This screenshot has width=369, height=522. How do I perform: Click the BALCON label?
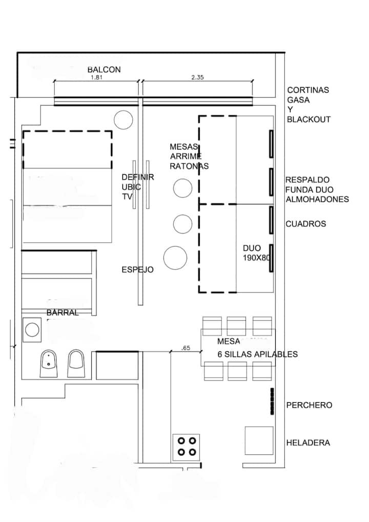tap(104, 70)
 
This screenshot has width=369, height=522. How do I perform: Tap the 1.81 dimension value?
tap(96, 77)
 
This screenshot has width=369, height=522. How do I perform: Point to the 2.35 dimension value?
tap(197, 77)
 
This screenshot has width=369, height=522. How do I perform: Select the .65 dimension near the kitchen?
tap(186, 348)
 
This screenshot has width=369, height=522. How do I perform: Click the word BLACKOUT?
tap(309, 119)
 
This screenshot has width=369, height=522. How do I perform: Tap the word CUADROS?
tap(306, 224)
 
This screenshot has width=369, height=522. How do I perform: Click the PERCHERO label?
tap(310, 405)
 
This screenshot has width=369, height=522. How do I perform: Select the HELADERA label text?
tap(308, 443)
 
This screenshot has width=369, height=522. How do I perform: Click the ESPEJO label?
tap(137, 269)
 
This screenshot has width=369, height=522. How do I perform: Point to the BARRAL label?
tap(63, 312)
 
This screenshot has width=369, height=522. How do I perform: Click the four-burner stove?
tap(186, 447)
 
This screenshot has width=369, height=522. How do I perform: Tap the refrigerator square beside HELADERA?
tap(259, 441)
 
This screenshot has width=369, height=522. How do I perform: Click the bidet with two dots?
tap(49, 364)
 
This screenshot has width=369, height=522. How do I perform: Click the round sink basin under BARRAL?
tap(32, 330)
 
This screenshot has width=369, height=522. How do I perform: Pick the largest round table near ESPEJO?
tap(175, 258)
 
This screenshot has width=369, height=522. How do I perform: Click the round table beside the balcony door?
tap(123, 120)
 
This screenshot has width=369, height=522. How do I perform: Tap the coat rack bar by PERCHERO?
tap(272, 401)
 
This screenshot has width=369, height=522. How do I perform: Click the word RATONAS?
tap(189, 166)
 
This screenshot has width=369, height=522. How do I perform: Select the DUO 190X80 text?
tap(256, 253)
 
